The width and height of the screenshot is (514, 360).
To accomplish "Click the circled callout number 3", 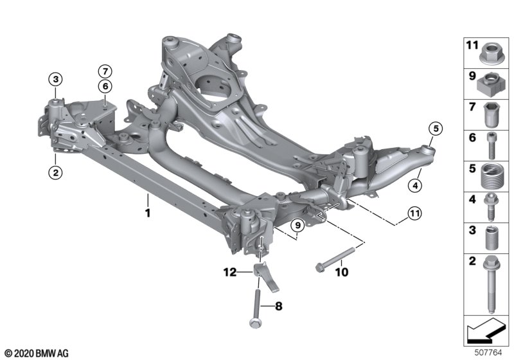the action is [56, 80].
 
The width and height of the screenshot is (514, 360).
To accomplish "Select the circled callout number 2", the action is [56, 172].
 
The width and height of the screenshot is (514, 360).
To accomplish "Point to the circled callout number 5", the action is [435, 129].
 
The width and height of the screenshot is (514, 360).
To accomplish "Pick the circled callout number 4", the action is [416, 187].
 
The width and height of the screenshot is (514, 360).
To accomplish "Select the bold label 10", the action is [341, 272].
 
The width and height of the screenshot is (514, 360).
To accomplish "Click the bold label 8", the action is [278, 307].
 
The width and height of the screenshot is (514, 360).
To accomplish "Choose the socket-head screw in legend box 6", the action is [490, 145].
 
